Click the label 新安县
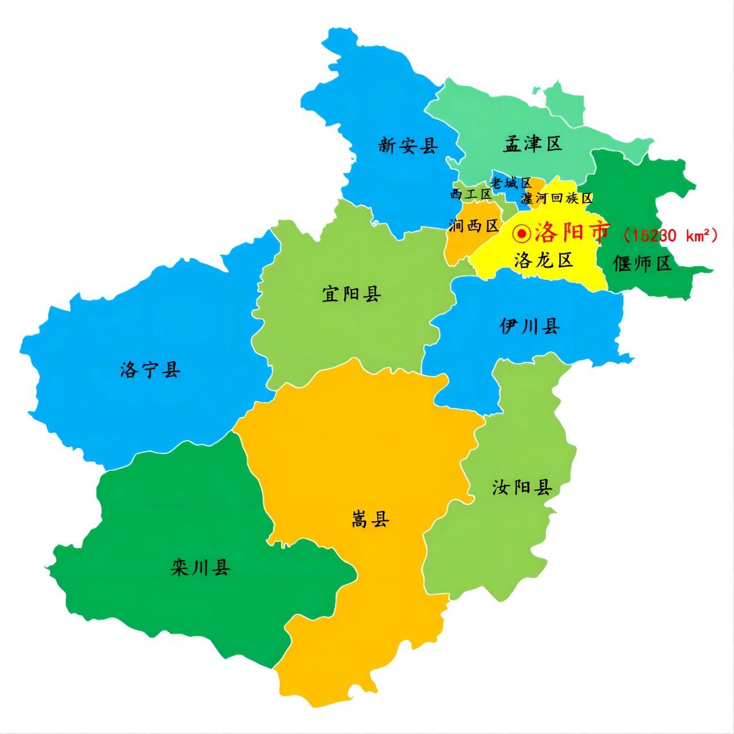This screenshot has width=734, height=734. point(408,146)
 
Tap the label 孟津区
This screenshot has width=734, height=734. point(533,143)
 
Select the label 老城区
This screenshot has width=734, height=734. point(511,183)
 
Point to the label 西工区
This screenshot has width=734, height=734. point(471,194)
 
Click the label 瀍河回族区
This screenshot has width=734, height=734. point(557,198)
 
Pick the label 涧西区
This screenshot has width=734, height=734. point(473,226)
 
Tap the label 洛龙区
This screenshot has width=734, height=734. point(544,260)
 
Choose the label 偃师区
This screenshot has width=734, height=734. point(642,264)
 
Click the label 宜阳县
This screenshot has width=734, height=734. point(352,295)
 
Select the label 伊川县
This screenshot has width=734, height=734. point(529,327)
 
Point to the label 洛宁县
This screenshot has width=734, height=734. point(151,370)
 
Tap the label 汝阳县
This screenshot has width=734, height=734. point(522,488)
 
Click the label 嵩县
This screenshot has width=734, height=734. point(370,520)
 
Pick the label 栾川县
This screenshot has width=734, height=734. point(201,568)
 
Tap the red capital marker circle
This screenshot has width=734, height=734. point(522,233)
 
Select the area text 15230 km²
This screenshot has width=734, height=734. point(670,235)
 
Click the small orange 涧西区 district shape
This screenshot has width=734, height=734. point(459,244)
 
